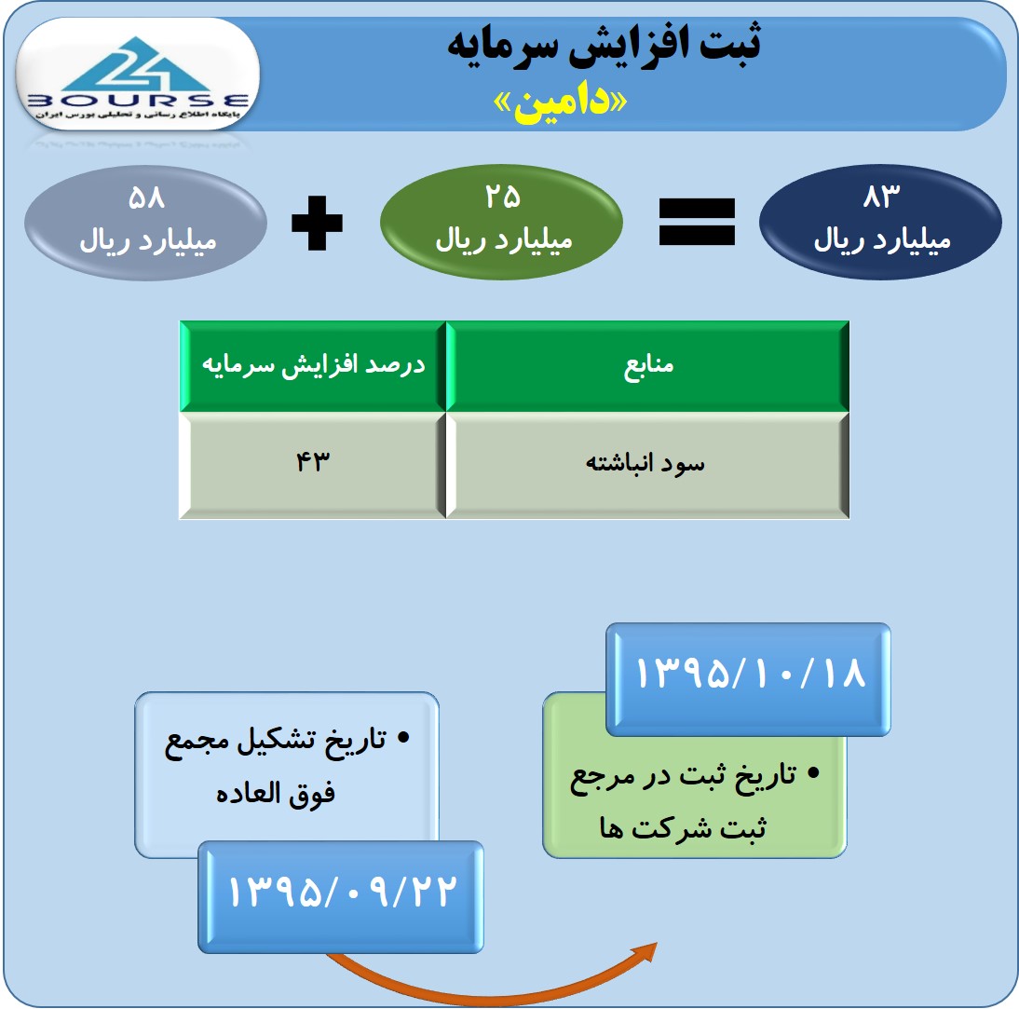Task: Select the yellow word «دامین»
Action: tap(560, 102)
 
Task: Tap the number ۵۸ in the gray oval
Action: tap(146, 197)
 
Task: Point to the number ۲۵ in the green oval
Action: tap(502, 196)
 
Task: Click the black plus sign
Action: tap(317, 223)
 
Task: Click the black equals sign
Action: tap(697, 223)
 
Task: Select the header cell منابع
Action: tap(648, 366)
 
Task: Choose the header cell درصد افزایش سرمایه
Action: tap(313, 366)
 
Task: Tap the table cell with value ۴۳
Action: tap(313, 465)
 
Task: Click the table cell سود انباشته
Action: tap(648, 465)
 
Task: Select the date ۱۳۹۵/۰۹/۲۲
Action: tap(343, 892)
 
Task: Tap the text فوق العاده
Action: tap(276, 794)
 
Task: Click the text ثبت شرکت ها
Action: tap(683, 827)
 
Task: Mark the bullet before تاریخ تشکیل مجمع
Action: tap(403, 737)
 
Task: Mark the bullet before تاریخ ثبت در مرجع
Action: tap(813, 773)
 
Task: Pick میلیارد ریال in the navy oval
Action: tap(882, 239)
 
